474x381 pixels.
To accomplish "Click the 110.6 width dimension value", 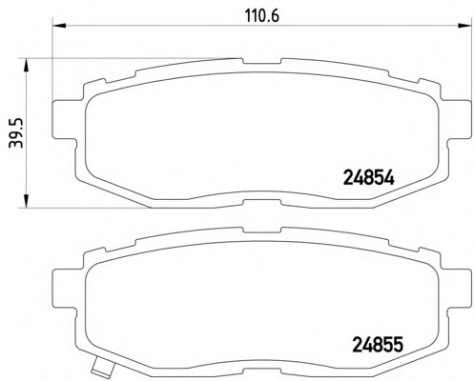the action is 262,16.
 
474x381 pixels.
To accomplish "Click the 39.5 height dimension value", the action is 16,132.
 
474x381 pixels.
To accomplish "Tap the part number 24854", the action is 368,178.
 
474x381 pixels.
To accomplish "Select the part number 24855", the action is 378,345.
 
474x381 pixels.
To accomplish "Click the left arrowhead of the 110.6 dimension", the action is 58,26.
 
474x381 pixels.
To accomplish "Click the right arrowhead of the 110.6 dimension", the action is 464,26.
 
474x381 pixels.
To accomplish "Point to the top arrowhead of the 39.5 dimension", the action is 26,65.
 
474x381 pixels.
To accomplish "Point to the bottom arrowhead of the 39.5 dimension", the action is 26,201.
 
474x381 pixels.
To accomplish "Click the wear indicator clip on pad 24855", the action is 102,368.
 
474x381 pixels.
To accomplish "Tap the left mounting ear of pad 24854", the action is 65,119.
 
